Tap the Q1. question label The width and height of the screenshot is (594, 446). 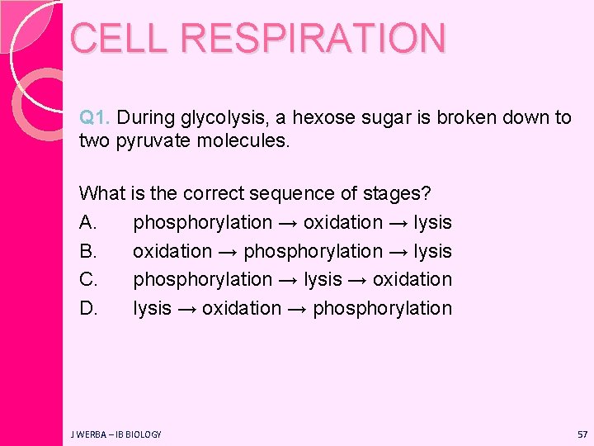(97, 118)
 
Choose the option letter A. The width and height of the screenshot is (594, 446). (87, 223)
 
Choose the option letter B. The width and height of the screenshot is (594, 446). (87, 251)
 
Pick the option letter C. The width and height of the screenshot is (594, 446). (87, 280)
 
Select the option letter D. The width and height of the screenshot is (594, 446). (87, 309)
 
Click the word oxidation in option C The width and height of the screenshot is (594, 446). (412, 280)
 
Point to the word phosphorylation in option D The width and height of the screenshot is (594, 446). (383, 309)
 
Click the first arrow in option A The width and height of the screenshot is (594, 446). (288, 223)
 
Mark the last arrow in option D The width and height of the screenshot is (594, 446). (298, 309)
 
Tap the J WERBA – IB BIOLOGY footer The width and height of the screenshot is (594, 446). (116, 434)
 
